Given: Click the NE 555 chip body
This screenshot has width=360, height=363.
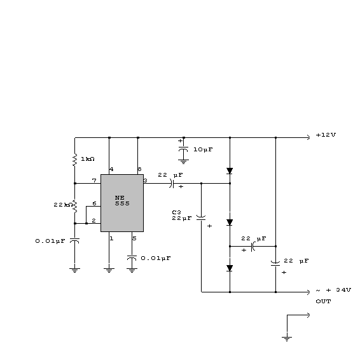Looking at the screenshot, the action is click(122, 203).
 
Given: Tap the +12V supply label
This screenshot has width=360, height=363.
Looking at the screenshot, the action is click(326, 135).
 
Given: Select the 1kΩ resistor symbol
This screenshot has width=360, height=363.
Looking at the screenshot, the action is click(74, 160).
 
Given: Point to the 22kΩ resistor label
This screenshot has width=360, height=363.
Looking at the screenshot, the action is click(62, 205).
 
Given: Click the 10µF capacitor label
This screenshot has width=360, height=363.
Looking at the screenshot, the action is click(203, 149).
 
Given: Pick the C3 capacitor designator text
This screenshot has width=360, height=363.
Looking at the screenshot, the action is click(177, 212).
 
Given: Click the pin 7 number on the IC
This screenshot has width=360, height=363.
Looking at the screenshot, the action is click(94, 181).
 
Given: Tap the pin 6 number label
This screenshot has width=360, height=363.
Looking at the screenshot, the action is click(94, 203).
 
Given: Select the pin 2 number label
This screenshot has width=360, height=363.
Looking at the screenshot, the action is click(93, 221).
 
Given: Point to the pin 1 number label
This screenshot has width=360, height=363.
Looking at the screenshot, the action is click(112, 238).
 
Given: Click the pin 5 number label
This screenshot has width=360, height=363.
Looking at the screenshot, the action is click(134, 238).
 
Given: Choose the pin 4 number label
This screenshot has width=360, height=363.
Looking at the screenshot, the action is click(111, 169).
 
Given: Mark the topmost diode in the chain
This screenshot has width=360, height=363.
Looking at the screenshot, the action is click(230, 171).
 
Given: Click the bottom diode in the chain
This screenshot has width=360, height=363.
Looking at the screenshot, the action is click(230, 268).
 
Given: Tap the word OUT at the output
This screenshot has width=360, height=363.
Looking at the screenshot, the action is click(323, 301).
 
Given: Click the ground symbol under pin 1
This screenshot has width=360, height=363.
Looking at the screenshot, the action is click(109, 270).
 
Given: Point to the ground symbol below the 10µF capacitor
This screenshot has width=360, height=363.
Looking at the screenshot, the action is click(183, 161).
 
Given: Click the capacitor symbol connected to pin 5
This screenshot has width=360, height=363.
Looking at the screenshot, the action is click(132, 258).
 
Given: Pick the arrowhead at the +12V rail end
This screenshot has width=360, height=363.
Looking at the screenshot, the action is click(308, 137).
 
